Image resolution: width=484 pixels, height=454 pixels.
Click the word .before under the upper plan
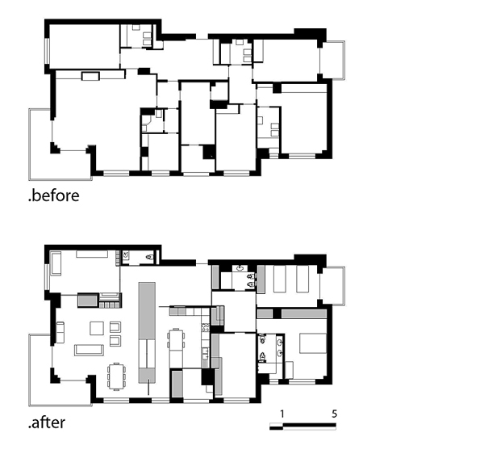[x=54, y=196]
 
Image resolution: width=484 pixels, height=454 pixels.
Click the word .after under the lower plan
[x=47, y=422]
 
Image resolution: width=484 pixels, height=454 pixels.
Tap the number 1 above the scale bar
[x=282, y=414]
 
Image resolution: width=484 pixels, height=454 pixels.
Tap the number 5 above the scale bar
[x=335, y=414]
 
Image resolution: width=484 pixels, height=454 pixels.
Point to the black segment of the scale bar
[x=310, y=425]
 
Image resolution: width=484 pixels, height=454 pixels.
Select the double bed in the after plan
[x=313, y=343]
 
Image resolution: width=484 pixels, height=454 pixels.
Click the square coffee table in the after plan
[x=97, y=328]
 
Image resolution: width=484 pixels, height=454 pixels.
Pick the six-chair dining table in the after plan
[x=116, y=376]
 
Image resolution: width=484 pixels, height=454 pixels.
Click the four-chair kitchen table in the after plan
[x=176, y=340]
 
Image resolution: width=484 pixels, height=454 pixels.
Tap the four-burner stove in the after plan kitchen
[x=205, y=327]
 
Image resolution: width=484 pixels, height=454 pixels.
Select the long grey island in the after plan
[x=147, y=332]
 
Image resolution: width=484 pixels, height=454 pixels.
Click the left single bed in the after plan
[x=280, y=279]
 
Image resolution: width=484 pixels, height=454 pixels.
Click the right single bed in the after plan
[x=302, y=279]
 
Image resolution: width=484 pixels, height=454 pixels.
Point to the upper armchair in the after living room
[x=115, y=327]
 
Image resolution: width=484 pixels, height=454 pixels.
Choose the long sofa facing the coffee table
[x=89, y=350]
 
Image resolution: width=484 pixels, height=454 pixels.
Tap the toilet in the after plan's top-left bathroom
[x=150, y=257]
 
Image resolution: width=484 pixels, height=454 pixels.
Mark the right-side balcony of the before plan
[x=332, y=60]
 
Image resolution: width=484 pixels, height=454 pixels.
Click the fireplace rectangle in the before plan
[x=90, y=76]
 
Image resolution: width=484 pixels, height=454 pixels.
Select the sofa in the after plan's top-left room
[x=56, y=263]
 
